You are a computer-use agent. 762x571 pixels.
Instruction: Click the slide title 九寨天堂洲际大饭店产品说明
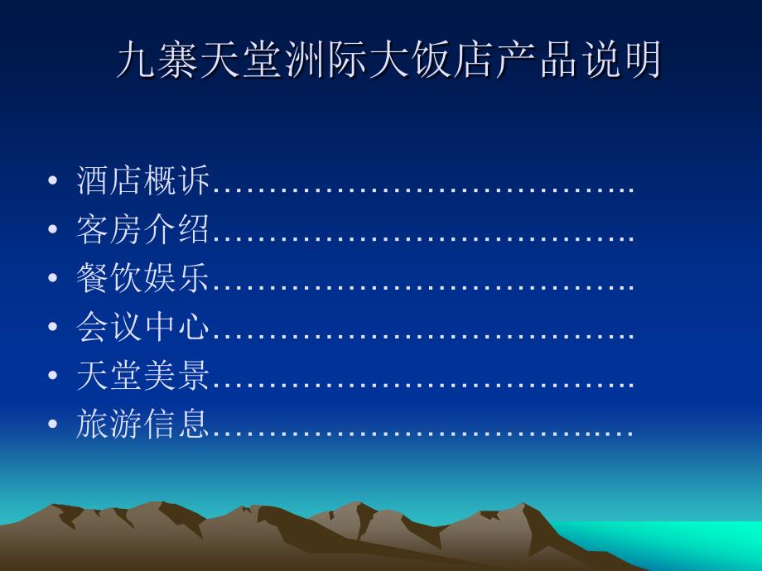point(388,60)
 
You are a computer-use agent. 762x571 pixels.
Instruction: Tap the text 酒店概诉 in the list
point(142,180)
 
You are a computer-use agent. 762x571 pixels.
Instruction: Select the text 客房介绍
point(142,228)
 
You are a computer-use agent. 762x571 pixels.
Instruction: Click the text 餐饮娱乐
point(142,277)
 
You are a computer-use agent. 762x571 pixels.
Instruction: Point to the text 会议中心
point(142,326)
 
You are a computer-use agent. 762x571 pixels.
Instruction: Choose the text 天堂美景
point(142,374)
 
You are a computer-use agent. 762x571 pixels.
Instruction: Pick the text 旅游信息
point(142,423)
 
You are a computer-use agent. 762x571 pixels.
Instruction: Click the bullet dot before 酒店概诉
point(52,180)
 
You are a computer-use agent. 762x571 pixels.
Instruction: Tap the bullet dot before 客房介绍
point(52,229)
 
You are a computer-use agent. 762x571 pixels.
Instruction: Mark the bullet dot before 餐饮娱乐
point(52,278)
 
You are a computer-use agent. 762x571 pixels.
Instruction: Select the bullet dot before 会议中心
point(52,326)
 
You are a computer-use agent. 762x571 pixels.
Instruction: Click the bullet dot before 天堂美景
point(52,375)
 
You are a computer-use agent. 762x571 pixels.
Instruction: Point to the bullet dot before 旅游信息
point(52,424)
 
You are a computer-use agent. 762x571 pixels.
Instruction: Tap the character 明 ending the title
point(642,60)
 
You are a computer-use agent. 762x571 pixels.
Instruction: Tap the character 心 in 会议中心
point(194,326)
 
